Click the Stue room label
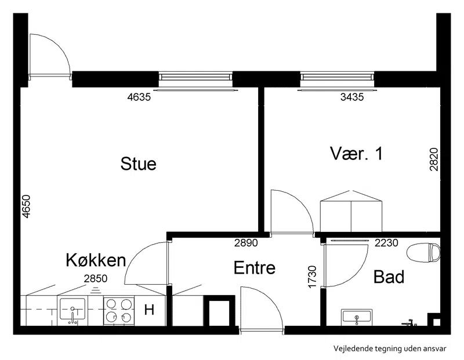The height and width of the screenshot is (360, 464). tap(138, 163)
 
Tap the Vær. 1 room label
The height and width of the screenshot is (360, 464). tap(356, 154)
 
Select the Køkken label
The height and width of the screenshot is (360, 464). tap(96, 260)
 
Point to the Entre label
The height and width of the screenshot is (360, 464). tap(255, 267)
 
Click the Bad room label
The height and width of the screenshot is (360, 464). tap(389, 277)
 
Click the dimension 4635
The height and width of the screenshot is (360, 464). tap(139, 97)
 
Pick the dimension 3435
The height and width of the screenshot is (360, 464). tap(352, 97)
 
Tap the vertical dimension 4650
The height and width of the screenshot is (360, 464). tap(26, 206)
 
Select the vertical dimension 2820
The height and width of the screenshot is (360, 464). tap(434, 159)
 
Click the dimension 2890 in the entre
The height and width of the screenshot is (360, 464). tap(246, 243)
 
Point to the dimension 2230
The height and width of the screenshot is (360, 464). tap(386, 243)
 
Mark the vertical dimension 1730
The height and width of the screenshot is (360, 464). tap(312, 277)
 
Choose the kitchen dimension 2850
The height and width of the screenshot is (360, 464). tap(96, 278)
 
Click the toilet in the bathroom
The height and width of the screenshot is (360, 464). tap(423, 252)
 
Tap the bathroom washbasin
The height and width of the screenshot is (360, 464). tap(356, 318)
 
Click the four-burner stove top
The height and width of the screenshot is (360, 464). tap(119, 311)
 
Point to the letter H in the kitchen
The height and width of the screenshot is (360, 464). tap(149, 310)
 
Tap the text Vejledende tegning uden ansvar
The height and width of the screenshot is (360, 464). tap(390, 348)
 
